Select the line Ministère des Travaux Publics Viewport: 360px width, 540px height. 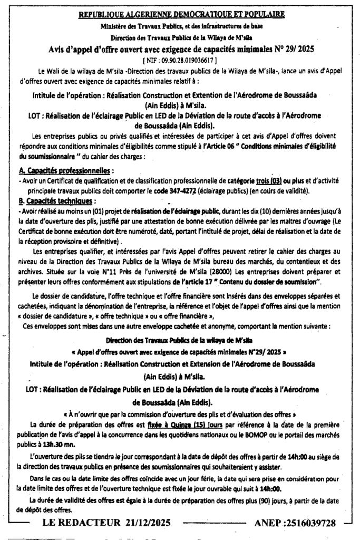pyautogui.click(x=181, y=26)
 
